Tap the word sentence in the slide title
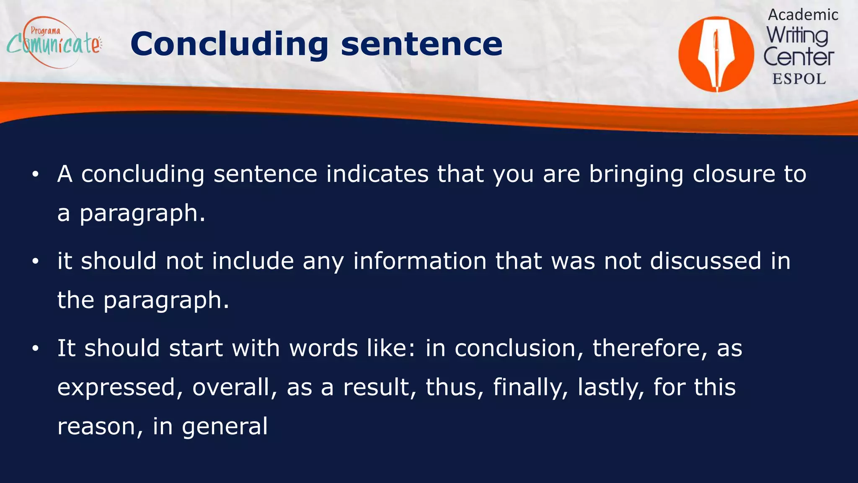421,44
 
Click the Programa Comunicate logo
54,43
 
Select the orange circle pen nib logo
716,54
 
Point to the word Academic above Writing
803,15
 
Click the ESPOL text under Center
799,79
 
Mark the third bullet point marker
36,348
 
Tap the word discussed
706,261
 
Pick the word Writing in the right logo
797,36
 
